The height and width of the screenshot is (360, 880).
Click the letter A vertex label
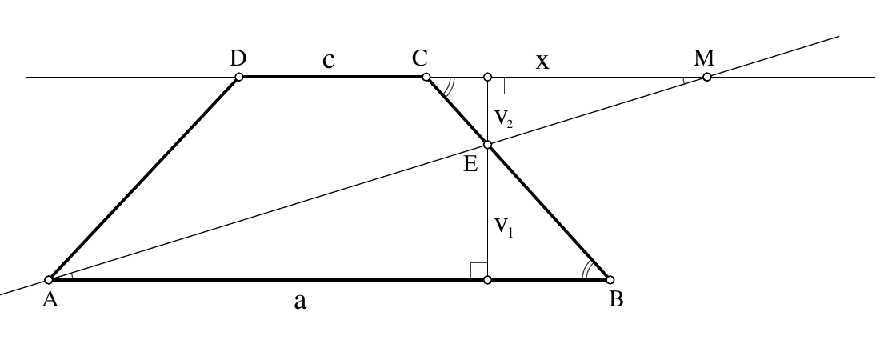click(50, 299)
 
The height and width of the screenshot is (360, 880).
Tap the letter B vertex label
click(616, 299)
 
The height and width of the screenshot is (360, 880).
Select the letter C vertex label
click(420, 58)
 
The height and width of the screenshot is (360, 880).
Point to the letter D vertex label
click(238, 58)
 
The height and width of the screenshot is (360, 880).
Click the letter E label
click(470, 164)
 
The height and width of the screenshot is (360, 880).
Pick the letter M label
click(704, 58)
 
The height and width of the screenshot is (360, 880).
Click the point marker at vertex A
click(49, 280)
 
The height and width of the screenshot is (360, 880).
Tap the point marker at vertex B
click(610, 280)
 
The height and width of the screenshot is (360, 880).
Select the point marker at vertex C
click(426, 77)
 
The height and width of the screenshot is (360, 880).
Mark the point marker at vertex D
click(239, 77)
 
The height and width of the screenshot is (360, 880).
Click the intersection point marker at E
click(488, 145)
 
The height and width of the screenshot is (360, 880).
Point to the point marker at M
click(707, 77)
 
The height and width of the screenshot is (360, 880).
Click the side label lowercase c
click(329, 59)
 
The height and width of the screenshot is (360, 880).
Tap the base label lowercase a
click(300, 302)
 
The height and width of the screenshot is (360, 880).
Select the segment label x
click(542, 62)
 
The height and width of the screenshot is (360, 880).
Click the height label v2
click(503, 118)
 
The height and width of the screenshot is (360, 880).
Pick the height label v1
click(503, 227)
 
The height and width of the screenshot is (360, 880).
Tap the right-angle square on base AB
click(478, 270)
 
